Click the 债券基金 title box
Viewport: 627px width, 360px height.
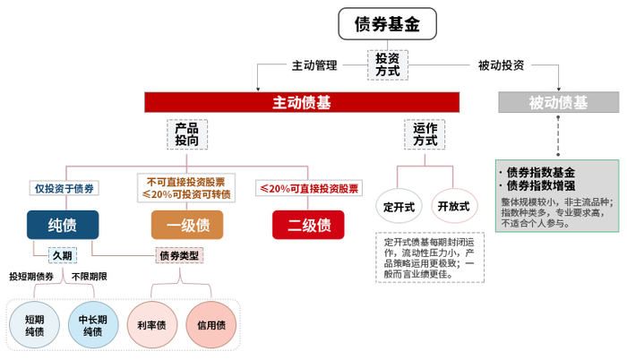coord(388,24)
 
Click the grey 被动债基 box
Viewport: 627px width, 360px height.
coord(559,102)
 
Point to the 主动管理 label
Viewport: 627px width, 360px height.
coord(313,65)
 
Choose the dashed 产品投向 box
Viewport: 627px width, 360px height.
coord(187,134)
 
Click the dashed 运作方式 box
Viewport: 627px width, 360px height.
coord(426,134)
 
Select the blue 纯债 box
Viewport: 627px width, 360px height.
coord(62,224)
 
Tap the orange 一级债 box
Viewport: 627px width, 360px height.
coord(187,224)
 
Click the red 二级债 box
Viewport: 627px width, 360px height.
coord(308,224)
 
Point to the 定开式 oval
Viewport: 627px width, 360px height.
coord(399,206)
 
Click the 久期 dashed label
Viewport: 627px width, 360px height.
coord(62,255)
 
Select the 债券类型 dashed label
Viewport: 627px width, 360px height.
coord(179,255)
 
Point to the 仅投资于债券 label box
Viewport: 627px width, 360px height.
coord(63,188)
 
